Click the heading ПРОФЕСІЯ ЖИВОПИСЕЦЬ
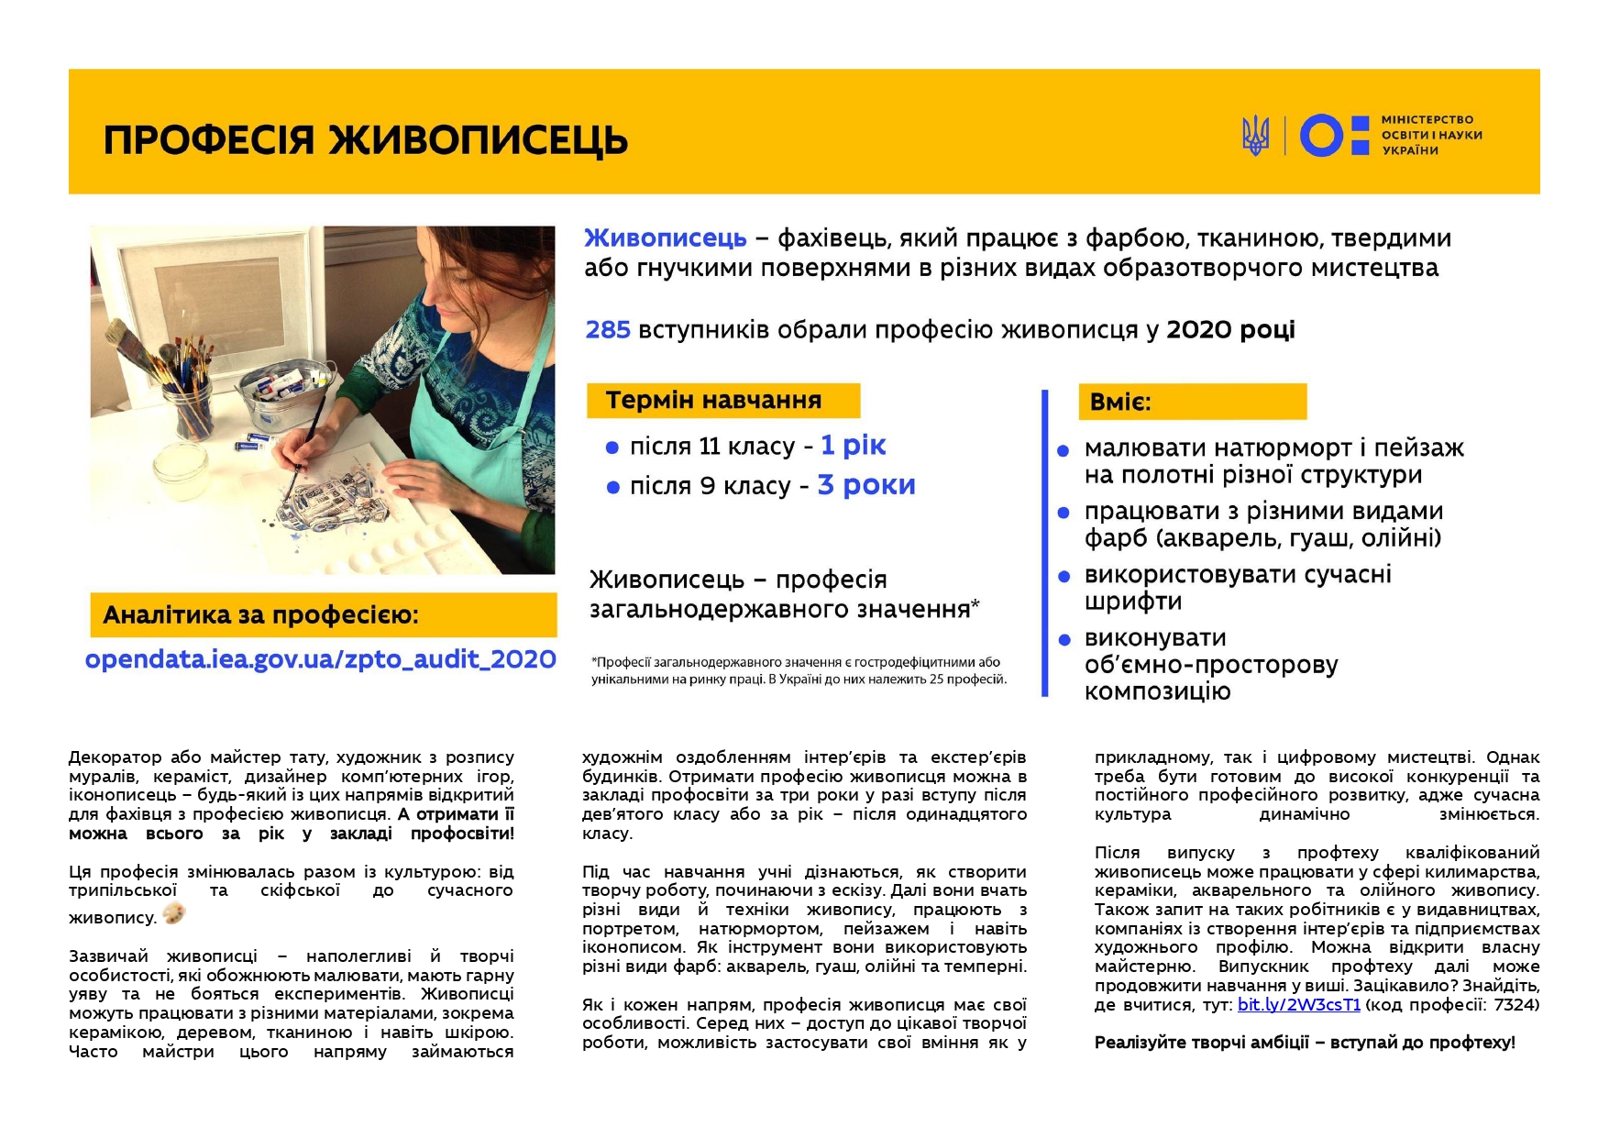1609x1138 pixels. coord(365,140)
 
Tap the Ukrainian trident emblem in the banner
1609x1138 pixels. coord(1256,136)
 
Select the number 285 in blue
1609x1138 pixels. coord(608,330)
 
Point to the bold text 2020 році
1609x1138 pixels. coord(1229,330)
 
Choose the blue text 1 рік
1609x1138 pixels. coord(853,446)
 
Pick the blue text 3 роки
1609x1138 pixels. coord(865,485)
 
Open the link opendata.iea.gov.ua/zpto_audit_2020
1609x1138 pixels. coord(320,659)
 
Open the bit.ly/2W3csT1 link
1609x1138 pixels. coord(1298,1004)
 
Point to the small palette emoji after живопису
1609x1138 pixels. coord(173,913)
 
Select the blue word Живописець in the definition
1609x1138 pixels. coord(666,238)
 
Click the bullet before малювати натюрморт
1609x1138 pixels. coord(1063,450)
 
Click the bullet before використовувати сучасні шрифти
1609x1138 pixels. coord(1063,577)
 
